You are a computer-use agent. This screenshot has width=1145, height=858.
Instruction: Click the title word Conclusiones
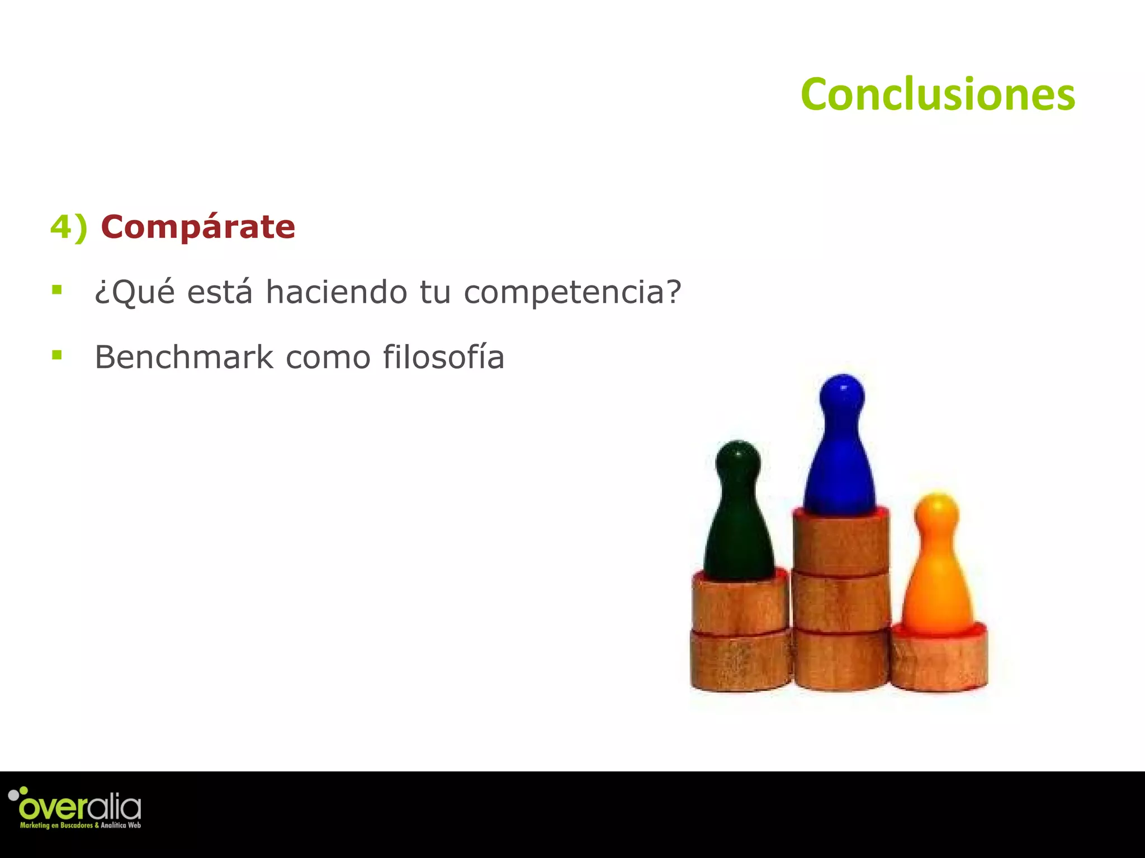[x=938, y=95]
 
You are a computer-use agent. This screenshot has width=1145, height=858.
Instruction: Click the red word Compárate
[x=198, y=227]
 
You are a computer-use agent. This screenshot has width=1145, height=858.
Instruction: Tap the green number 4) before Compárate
[x=68, y=228]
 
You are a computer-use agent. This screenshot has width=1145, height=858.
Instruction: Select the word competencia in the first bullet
[x=572, y=292]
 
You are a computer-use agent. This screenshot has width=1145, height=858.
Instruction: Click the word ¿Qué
[x=135, y=292]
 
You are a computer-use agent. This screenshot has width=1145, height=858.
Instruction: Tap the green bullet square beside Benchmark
[x=56, y=355]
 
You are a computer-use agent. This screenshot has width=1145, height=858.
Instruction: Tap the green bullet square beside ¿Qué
[x=56, y=289]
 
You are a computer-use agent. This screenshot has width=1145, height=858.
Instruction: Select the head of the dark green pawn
[x=738, y=461]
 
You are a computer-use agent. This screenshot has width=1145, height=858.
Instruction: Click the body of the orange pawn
[x=938, y=592]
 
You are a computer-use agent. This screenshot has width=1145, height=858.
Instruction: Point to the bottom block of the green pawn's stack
[x=740, y=661]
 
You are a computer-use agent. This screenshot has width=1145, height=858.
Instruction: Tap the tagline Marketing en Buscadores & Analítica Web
[x=81, y=825]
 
